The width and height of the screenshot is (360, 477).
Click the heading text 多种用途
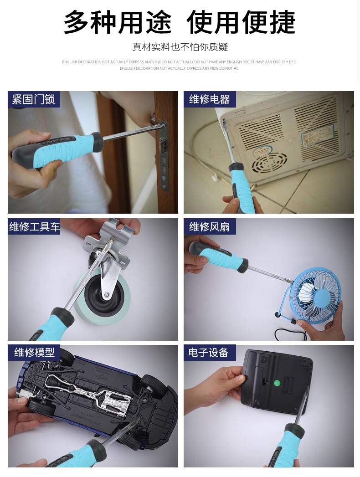(118, 22)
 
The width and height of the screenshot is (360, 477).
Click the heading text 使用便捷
(241, 22)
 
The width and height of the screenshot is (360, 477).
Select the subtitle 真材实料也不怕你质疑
(180, 47)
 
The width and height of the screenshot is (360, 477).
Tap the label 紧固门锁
(34, 99)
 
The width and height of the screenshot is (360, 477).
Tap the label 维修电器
(210, 99)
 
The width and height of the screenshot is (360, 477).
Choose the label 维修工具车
(34, 226)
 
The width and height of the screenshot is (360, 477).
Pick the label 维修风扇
(210, 226)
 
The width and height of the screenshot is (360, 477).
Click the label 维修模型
(34, 352)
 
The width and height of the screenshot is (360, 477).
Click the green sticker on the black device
(277, 383)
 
